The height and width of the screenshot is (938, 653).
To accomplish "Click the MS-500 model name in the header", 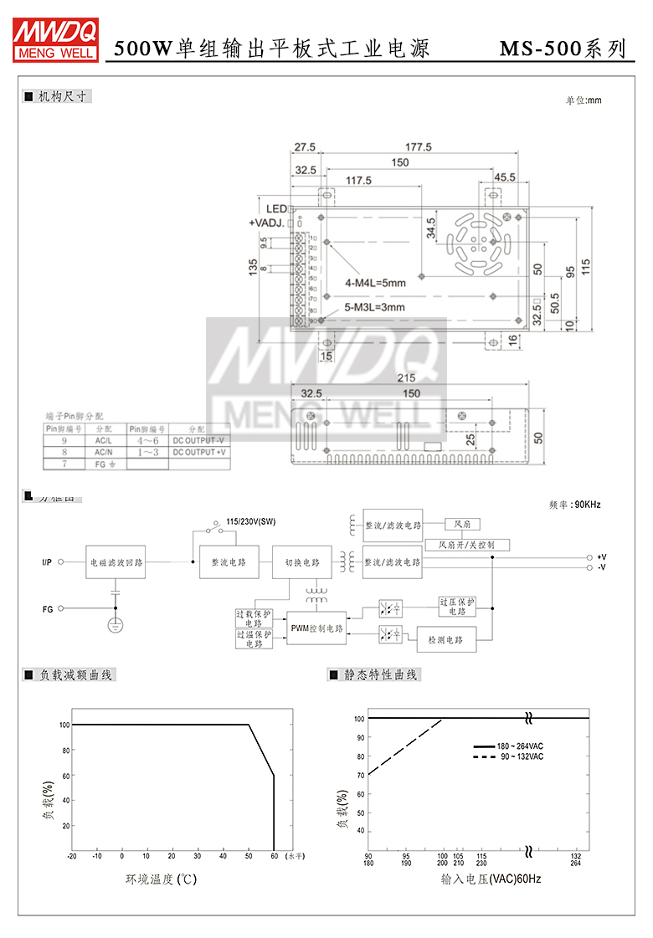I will point(540,49).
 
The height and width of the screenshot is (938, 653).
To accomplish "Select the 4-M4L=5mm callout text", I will point(375,283).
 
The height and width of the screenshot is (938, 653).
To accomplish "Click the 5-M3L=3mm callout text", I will point(375,307).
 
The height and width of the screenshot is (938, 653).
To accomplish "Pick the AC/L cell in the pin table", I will point(104,440).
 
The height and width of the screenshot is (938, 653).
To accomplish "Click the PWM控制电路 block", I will point(316,628).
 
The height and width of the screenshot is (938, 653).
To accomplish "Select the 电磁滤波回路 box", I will point(116,562).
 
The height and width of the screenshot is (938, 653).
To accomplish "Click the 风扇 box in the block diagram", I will point(462,524).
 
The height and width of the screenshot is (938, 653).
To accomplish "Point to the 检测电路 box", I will point(446,640).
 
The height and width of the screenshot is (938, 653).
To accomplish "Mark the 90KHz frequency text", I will point(575,505).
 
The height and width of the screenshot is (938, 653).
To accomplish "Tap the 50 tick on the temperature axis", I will point(248,856).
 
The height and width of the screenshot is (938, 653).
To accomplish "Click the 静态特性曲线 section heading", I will point(380,674).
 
